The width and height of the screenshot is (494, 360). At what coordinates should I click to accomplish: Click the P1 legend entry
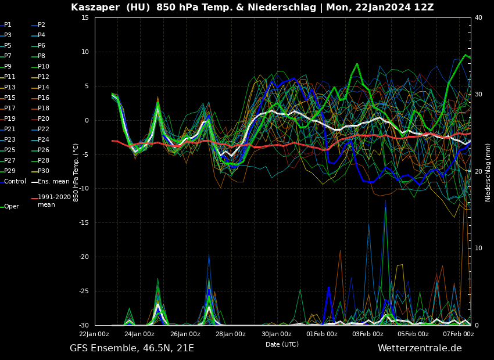click(8, 25)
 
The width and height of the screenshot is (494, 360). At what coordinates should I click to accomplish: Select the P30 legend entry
click(44, 171)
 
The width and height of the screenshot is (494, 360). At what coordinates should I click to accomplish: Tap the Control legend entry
click(15, 182)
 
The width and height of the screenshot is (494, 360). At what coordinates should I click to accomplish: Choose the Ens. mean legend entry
click(53, 182)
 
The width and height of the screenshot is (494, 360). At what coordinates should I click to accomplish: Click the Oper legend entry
click(12, 207)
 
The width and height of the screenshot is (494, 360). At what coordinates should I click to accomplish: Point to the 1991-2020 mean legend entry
click(54, 201)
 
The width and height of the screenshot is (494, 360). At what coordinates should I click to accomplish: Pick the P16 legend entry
click(44, 98)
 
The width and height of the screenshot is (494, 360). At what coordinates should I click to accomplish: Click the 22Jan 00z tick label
click(94, 334)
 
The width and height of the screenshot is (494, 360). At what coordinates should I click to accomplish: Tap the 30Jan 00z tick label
click(277, 334)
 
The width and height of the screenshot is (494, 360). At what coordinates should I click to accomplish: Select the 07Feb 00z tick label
click(459, 334)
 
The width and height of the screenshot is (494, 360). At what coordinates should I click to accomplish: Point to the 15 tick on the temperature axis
click(85, 18)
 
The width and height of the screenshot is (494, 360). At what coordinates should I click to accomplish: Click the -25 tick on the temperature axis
click(83, 291)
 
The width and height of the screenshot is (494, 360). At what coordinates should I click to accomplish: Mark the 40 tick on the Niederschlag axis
click(478, 18)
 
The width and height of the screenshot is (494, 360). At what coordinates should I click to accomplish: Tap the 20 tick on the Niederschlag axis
click(478, 172)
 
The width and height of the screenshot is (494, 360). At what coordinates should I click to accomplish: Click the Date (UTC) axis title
click(282, 344)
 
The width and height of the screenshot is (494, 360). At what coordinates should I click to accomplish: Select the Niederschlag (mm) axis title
click(488, 172)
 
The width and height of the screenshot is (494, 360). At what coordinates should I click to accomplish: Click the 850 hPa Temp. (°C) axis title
click(76, 172)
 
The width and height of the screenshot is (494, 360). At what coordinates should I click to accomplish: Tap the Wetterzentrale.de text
click(420, 348)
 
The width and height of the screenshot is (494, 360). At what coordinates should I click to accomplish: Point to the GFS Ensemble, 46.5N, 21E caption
click(132, 348)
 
